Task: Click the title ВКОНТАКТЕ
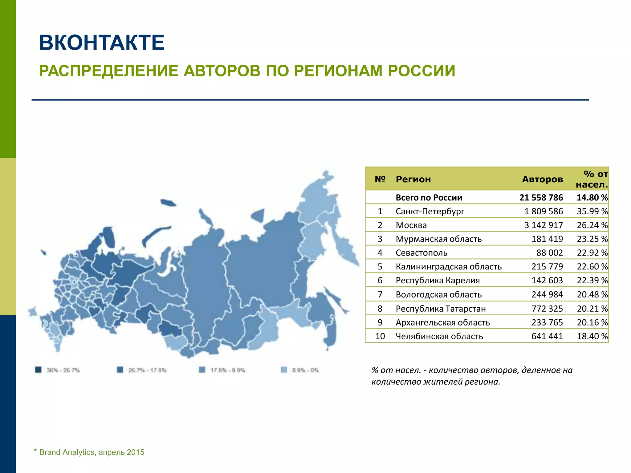click(x=102, y=42)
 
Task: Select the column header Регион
click(x=413, y=179)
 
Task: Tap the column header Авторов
click(x=542, y=179)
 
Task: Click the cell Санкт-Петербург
click(x=430, y=211)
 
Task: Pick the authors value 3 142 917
click(x=543, y=225)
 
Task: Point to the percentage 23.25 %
click(x=592, y=239)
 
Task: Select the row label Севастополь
click(x=421, y=253)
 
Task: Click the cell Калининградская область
click(x=449, y=267)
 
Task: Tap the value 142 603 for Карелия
click(x=547, y=281)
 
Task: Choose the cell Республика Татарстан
click(x=441, y=309)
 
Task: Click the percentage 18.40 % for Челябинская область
click(x=592, y=336)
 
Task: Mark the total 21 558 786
click(x=541, y=197)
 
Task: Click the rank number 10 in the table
click(x=380, y=336)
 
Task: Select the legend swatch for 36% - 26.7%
click(x=38, y=370)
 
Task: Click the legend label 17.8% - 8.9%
click(x=227, y=370)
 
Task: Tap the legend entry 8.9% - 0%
click(x=305, y=370)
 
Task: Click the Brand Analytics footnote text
click(x=92, y=452)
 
